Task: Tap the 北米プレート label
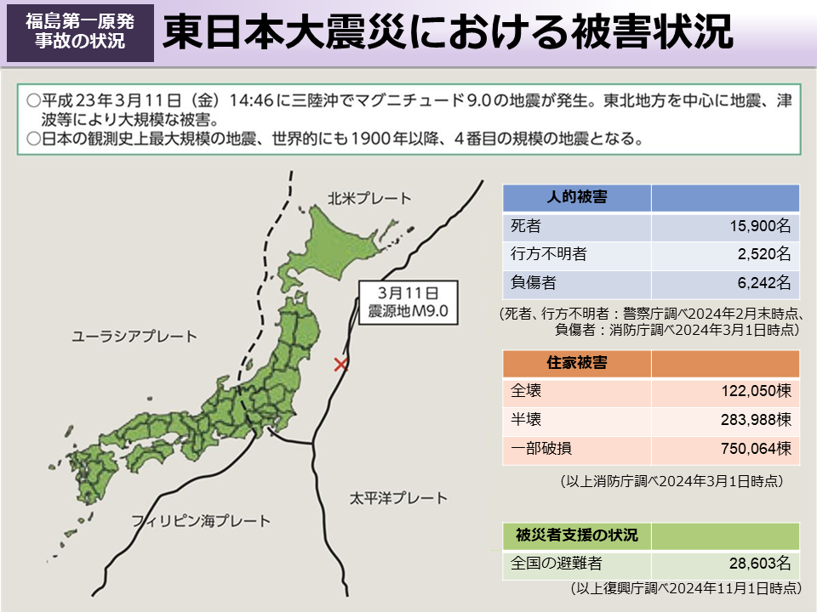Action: tap(369, 199)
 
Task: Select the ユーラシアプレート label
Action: tap(134, 337)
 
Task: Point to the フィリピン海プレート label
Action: tap(201, 520)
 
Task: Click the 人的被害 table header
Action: tap(576, 198)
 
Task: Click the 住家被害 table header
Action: tap(576, 364)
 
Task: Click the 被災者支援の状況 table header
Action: tap(576, 535)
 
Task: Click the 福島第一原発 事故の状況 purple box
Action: tap(80, 31)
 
